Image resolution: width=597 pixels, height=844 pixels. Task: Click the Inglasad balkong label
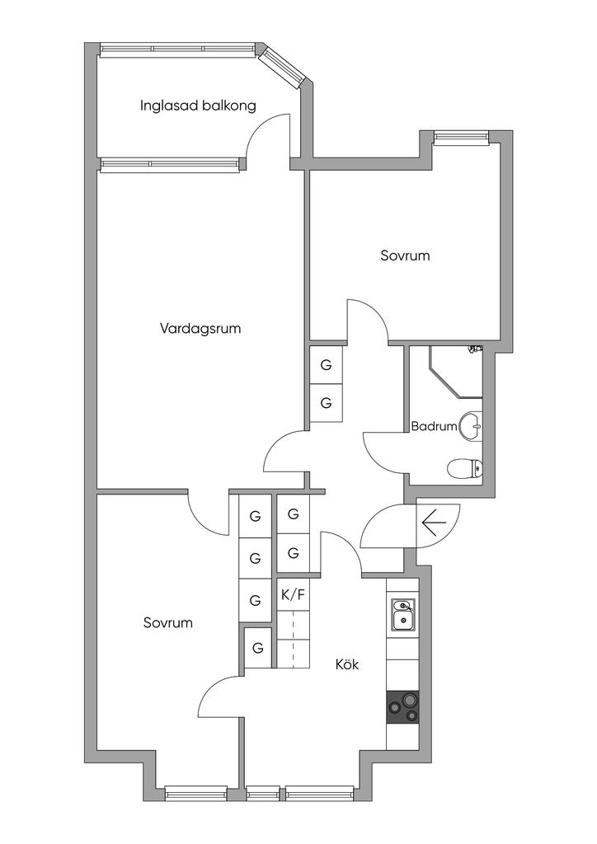[x=198, y=105]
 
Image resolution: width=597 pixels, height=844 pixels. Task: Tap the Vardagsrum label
[x=200, y=328]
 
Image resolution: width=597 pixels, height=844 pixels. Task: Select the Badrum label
[x=434, y=426]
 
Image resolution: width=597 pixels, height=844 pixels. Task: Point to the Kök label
[x=347, y=663]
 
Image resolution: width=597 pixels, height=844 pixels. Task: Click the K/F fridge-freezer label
[x=292, y=593]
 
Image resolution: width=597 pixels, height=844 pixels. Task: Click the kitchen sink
[x=403, y=614]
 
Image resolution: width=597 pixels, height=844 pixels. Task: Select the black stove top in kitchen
[x=403, y=706]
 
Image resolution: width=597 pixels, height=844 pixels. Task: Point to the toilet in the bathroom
[x=463, y=470]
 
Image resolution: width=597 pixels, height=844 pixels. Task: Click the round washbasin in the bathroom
[x=471, y=426]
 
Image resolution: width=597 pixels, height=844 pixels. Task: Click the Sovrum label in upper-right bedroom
[x=405, y=256]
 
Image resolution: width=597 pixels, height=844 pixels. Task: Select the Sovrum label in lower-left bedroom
[x=167, y=622]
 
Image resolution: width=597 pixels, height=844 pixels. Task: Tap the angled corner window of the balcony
[x=283, y=67]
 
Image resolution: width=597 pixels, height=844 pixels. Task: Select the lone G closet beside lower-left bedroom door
[x=257, y=648]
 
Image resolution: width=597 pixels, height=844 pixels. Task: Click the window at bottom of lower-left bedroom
[x=195, y=793]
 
